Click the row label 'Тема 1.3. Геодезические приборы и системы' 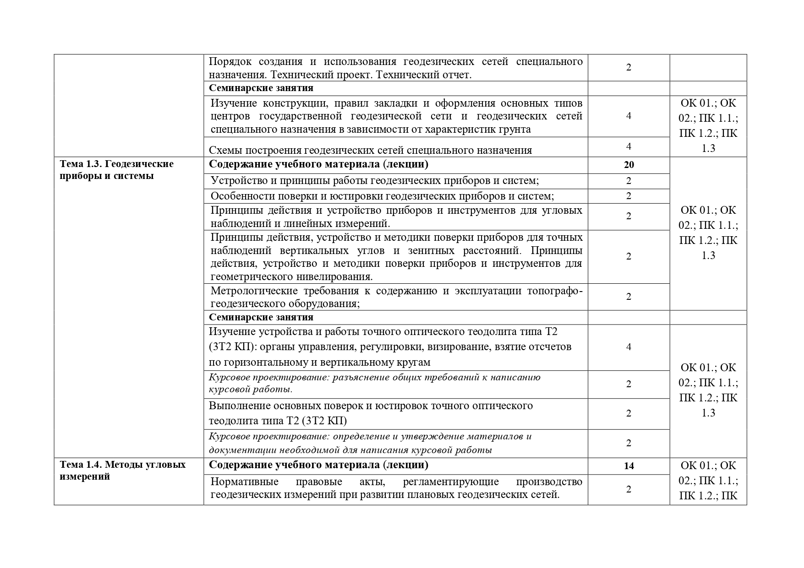[116, 170]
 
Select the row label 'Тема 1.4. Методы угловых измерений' [122, 471]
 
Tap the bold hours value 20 [629, 165]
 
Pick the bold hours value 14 [629, 466]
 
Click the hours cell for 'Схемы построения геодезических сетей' [629, 146]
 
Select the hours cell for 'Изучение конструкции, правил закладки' [629, 116]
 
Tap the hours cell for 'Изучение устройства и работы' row [629, 347]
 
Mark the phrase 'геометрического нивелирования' [291, 277]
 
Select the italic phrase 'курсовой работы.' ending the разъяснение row [251, 390]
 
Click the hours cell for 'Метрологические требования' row [629, 297]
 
